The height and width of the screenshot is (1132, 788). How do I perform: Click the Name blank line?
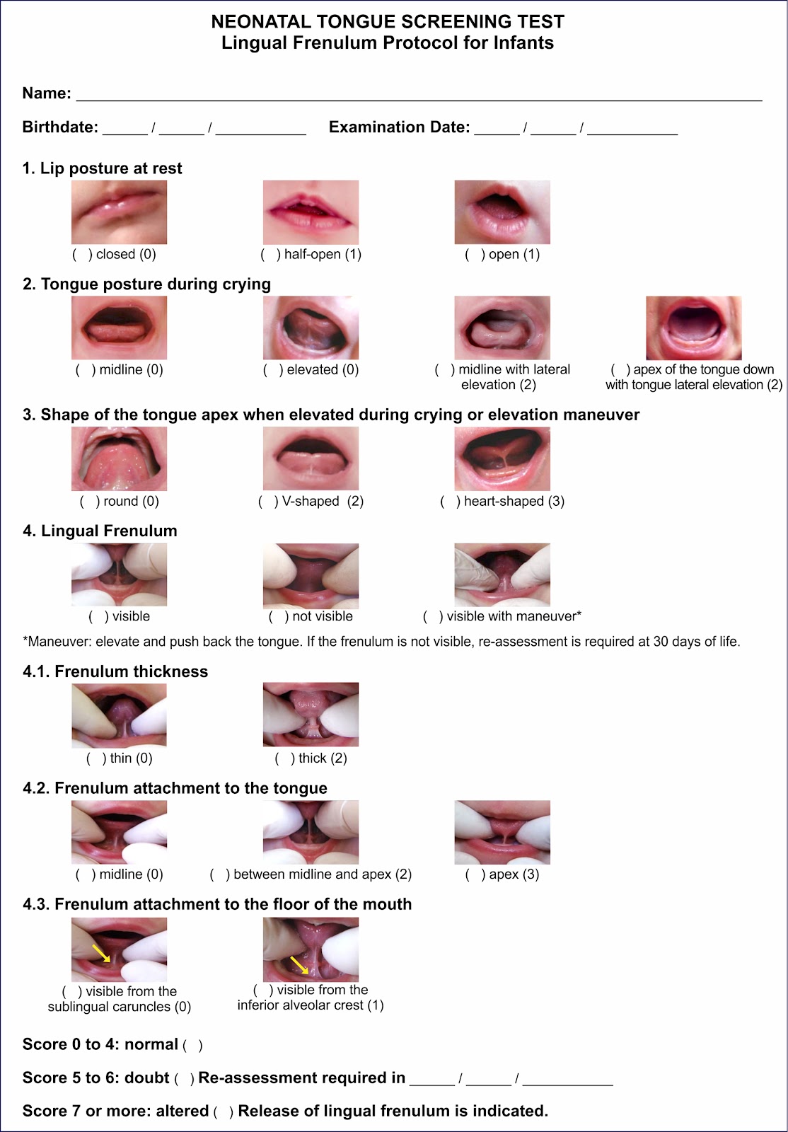(x=419, y=100)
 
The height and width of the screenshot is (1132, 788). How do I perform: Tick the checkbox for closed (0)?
(x=82, y=254)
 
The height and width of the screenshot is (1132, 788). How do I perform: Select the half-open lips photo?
(x=311, y=212)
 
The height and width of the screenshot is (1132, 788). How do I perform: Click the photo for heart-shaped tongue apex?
(x=502, y=458)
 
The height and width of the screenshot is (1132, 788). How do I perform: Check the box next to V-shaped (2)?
(x=268, y=502)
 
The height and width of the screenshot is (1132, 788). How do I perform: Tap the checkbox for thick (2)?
(x=285, y=758)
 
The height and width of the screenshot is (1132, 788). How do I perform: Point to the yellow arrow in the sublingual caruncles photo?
(x=101, y=953)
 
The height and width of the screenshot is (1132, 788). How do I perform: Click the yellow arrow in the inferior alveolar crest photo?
(x=299, y=965)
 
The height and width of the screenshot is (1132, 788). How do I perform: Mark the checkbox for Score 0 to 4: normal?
(x=192, y=1045)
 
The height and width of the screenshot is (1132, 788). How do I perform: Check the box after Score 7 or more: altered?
(x=224, y=1111)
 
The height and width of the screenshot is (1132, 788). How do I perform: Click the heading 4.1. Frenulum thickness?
(x=115, y=671)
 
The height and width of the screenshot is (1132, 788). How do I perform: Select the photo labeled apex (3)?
(x=502, y=832)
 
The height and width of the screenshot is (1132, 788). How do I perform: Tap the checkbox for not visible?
(x=279, y=616)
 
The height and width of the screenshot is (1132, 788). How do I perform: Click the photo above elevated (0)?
(x=311, y=328)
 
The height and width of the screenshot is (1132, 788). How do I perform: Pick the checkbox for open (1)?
(x=475, y=254)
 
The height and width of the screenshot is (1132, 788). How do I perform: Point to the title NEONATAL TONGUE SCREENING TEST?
(x=388, y=22)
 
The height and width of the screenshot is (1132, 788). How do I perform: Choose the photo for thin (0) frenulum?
(x=120, y=715)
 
